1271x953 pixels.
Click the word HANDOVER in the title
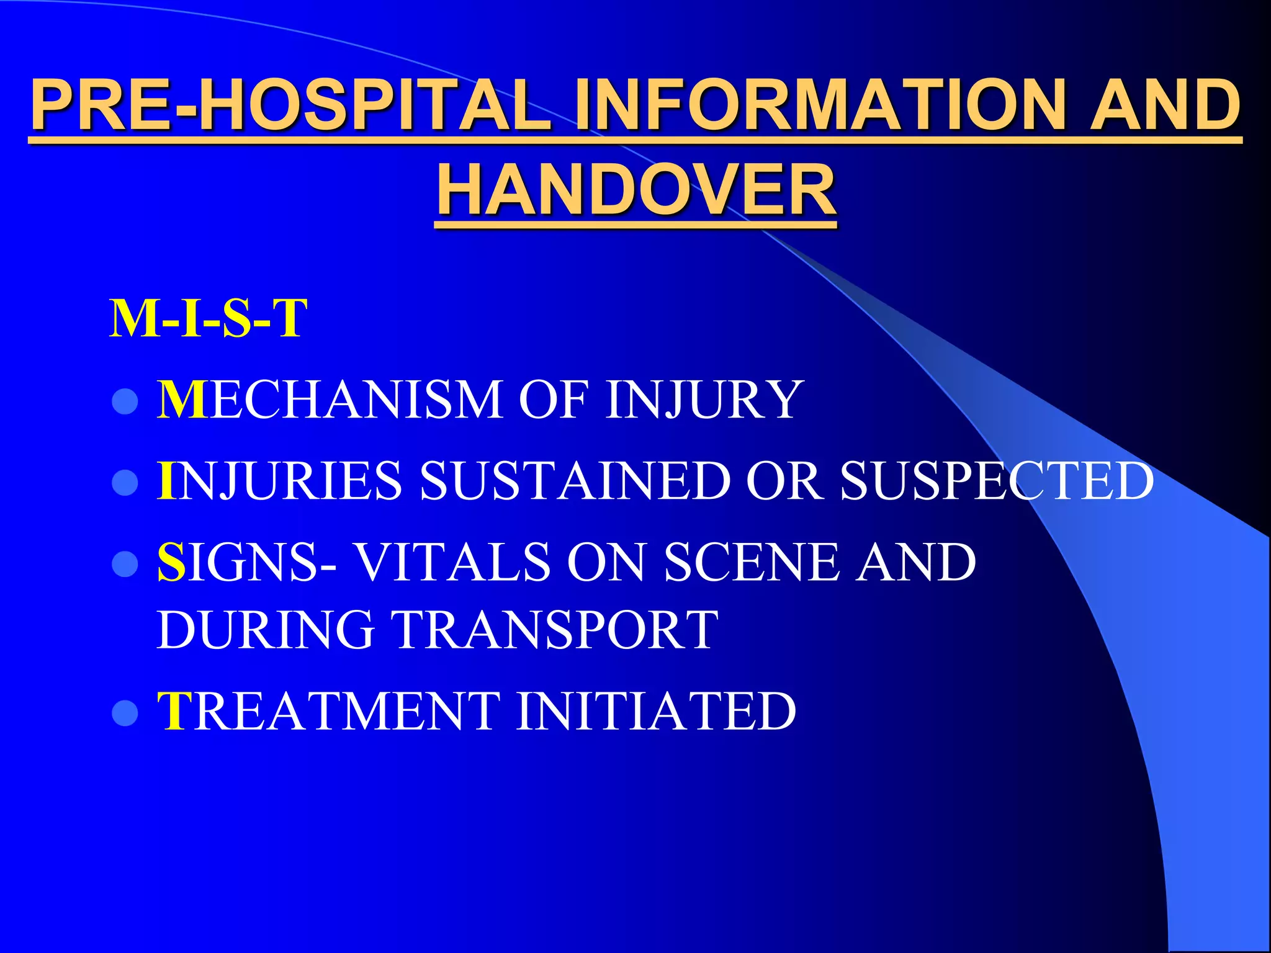[x=636, y=189]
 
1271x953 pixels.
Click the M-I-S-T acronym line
[x=208, y=318]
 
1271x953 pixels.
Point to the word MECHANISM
[x=329, y=400]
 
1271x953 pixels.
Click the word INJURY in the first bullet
[x=704, y=400]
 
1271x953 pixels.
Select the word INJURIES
[x=279, y=481]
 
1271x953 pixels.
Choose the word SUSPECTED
[x=997, y=481]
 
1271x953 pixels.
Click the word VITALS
[x=453, y=562]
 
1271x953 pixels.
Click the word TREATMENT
[x=329, y=712]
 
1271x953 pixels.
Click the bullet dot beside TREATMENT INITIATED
[x=125, y=714]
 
